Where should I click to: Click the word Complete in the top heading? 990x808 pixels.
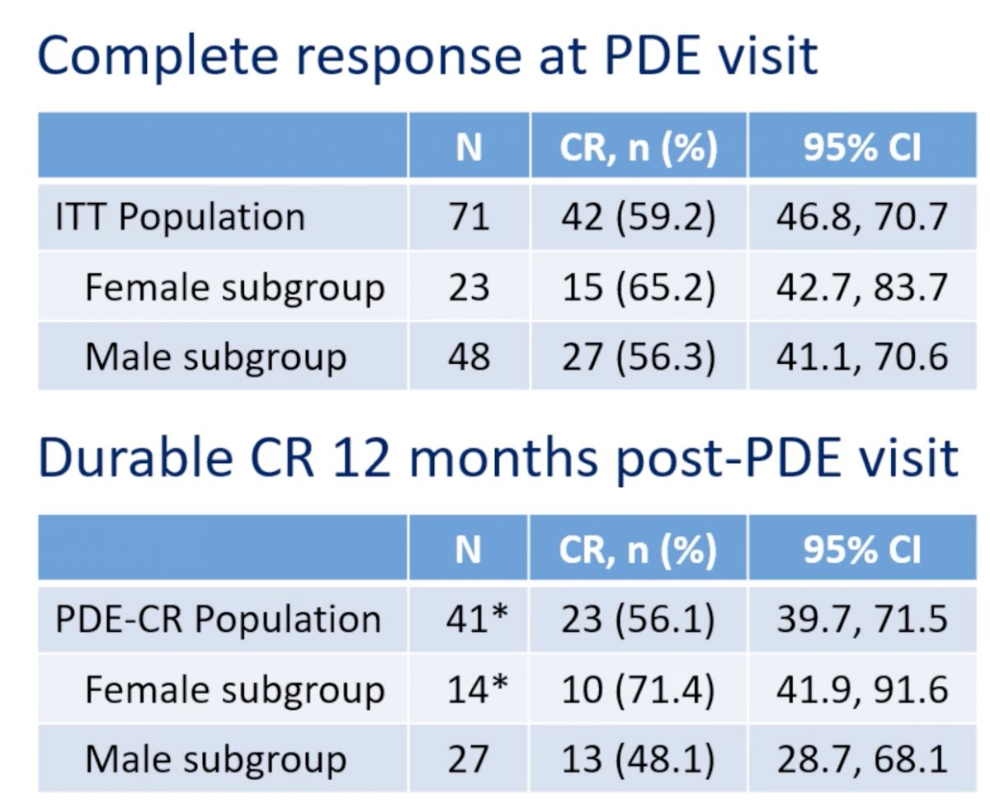pyautogui.click(x=158, y=57)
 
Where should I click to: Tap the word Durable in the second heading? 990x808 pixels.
pyautogui.click(x=135, y=457)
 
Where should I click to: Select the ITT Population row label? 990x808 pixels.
pyautogui.click(x=180, y=217)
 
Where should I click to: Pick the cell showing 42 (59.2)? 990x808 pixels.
pyautogui.click(x=639, y=217)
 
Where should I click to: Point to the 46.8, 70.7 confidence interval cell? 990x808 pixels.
pyautogui.click(x=862, y=217)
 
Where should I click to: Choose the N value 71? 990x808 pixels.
pyautogui.click(x=469, y=217)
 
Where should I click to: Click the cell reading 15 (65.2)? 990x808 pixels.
pyautogui.click(x=639, y=287)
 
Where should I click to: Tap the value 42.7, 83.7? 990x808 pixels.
pyautogui.click(x=862, y=287)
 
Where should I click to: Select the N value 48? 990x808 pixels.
pyautogui.click(x=469, y=357)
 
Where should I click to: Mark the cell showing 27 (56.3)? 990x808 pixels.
pyautogui.click(x=639, y=357)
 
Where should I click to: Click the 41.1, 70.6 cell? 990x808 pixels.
pyautogui.click(x=862, y=357)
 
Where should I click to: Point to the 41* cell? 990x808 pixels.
pyautogui.click(x=477, y=617)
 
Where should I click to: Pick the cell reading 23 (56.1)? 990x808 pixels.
pyautogui.click(x=638, y=619)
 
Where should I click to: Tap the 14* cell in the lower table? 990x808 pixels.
pyautogui.click(x=478, y=688)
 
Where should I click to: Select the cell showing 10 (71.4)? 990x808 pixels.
pyautogui.click(x=638, y=689)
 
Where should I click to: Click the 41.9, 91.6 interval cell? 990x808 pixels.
pyautogui.click(x=862, y=689)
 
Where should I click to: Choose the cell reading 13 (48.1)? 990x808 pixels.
pyautogui.click(x=638, y=758)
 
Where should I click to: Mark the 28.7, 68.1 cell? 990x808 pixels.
pyautogui.click(x=862, y=758)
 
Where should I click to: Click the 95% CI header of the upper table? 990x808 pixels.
pyautogui.click(x=862, y=148)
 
